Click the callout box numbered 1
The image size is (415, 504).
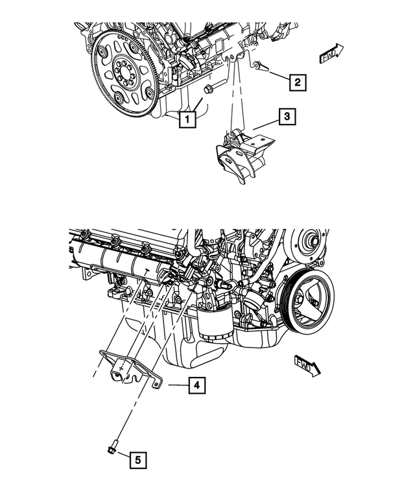click(187, 119)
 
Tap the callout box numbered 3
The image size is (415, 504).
click(287, 117)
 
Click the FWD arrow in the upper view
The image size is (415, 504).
click(331, 55)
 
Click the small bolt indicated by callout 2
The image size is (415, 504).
click(259, 66)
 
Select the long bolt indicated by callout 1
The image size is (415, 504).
click(209, 89)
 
